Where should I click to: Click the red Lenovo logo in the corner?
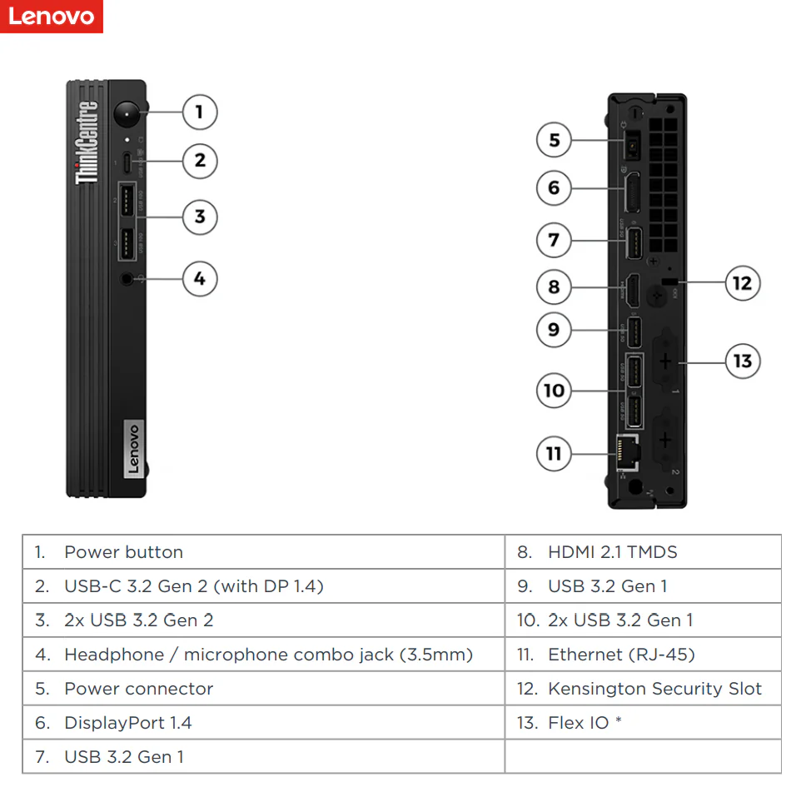pos(52,17)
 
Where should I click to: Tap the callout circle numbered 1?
pos(199,112)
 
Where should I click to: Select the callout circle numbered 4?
pos(199,279)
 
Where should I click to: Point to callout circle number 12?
pos(741,283)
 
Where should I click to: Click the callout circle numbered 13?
pos(742,361)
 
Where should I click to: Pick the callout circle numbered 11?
pos(554,454)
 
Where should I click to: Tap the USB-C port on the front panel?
pos(127,162)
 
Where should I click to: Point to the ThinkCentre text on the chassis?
pos(87,142)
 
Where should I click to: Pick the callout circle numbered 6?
pos(554,188)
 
